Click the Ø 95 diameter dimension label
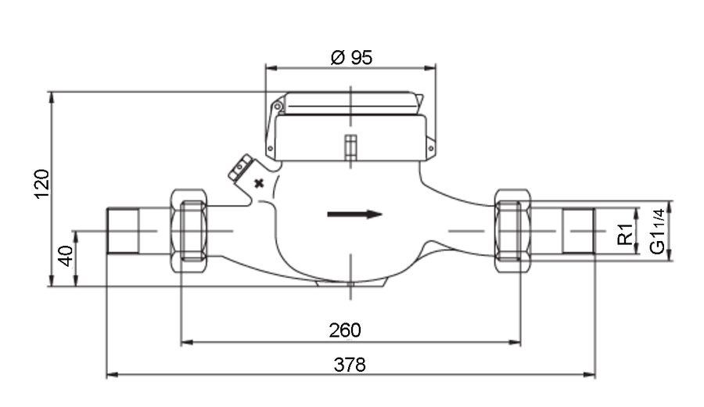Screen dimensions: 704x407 pyautogui.click(x=351, y=57)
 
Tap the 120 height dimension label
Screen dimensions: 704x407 pyautogui.click(x=41, y=184)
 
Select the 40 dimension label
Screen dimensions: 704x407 pyautogui.click(x=66, y=256)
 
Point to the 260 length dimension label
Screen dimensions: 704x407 pyautogui.click(x=345, y=330)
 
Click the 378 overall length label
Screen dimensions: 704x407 pyautogui.click(x=350, y=365)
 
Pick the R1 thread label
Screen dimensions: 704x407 pyautogui.click(x=625, y=234)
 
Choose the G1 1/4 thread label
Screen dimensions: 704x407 pyautogui.click(x=657, y=232)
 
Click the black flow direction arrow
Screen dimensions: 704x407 pyautogui.click(x=354, y=214)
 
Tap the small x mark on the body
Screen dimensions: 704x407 pyautogui.click(x=259, y=183)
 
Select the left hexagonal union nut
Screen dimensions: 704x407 pyautogui.click(x=189, y=231)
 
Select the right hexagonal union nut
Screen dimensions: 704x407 pyautogui.click(x=512, y=231)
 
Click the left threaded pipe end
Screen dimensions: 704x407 pyautogui.click(x=123, y=231)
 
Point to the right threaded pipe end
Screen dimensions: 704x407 pyautogui.click(x=579, y=231)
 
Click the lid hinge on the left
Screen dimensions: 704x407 pyautogui.click(x=278, y=106)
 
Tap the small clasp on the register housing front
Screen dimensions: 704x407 pyautogui.click(x=350, y=147)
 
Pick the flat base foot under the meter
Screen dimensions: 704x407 pyautogui.click(x=350, y=283)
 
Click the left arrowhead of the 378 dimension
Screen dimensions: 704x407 pyautogui.click(x=112, y=374)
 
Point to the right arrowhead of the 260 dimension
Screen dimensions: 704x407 pyautogui.click(x=515, y=342)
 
